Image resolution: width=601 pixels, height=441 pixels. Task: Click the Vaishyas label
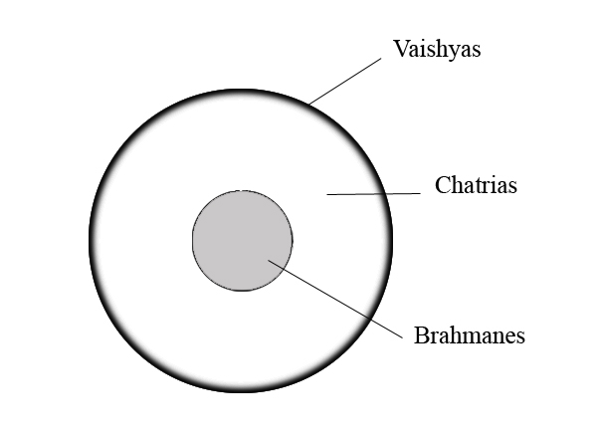(x=437, y=48)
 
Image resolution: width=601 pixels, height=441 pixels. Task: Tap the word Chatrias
(x=476, y=185)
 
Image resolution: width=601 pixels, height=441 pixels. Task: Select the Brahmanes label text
(x=469, y=334)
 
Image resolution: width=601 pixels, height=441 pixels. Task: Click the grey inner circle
(x=242, y=240)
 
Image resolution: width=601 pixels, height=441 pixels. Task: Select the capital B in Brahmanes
(x=421, y=334)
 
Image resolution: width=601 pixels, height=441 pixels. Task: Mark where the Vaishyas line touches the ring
(x=309, y=104)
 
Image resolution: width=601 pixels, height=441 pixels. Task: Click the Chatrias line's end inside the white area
(x=328, y=195)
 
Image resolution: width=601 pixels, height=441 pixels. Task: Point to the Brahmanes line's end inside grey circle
(x=269, y=261)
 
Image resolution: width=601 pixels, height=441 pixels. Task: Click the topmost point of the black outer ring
(x=241, y=91)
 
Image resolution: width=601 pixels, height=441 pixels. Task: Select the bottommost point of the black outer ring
(x=241, y=392)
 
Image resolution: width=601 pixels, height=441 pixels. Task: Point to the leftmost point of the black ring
(x=91, y=241)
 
